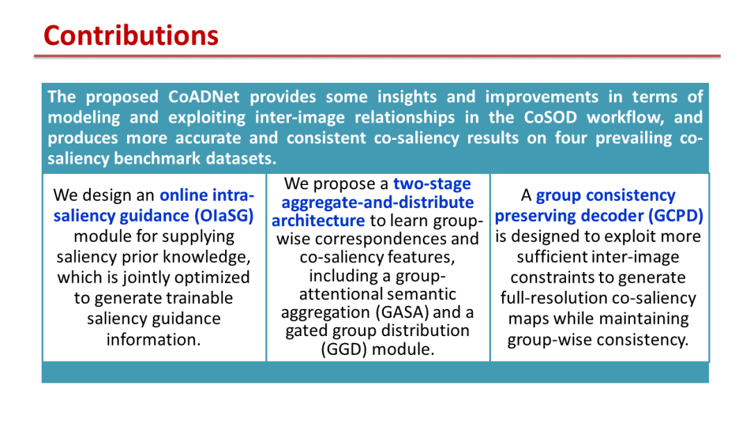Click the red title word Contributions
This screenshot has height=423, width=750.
click(131, 36)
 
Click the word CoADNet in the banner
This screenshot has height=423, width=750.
click(203, 97)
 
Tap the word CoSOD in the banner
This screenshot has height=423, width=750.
click(550, 118)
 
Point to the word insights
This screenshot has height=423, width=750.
click(406, 97)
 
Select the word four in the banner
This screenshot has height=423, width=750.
click(570, 138)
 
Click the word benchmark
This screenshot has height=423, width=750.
click(160, 159)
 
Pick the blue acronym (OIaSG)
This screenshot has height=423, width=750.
click(224, 216)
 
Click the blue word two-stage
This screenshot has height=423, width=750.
click(432, 184)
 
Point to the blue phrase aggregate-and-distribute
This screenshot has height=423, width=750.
click(377, 202)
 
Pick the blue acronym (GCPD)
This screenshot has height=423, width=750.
click(676, 216)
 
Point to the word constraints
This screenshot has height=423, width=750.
click(550, 278)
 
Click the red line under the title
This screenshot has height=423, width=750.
click(377, 56)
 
